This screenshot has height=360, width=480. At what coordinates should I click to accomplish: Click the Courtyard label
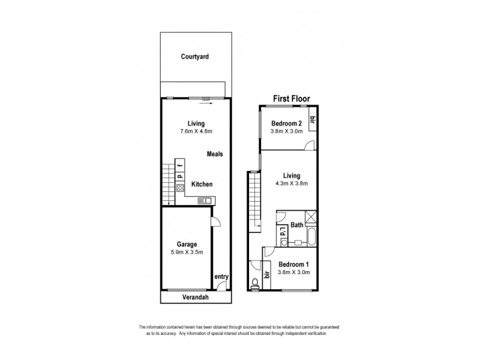click(195, 58)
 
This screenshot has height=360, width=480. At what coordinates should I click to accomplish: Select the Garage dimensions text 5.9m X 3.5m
click(187, 253)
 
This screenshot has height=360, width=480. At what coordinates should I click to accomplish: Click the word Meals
click(215, 154)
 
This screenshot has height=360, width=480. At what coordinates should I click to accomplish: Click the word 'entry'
click(221, 277)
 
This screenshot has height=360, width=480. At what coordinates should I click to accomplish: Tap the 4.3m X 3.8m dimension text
click(292, 185)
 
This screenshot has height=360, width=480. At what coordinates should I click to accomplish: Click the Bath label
click(297, 226)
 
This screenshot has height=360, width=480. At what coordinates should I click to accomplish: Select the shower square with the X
click(310, 217)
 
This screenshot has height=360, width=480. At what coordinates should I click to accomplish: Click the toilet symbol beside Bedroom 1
click(256, 283)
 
